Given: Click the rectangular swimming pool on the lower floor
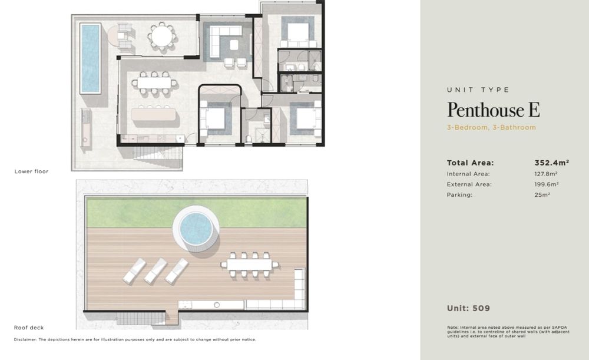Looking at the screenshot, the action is click(90, 58).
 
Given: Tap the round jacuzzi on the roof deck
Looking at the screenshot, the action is click(196, 229).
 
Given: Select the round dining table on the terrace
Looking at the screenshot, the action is click(162, 36).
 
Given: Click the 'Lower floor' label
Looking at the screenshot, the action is click(32, 171).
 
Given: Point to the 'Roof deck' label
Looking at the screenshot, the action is click(29, 328).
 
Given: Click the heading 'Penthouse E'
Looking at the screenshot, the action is click(494, 110).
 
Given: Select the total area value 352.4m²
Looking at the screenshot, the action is click(552, 163).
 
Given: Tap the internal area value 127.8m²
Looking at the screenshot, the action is click(546, 174).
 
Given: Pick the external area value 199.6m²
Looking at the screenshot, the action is click(547, 184).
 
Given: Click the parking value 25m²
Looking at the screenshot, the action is click(542, 195).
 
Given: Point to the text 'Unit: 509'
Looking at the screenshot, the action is click(468, 309).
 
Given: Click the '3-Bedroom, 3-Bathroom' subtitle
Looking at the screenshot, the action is click(491, 127).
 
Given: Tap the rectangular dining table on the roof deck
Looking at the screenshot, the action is click(249, 265).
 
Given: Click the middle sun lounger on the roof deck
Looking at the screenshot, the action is click(155, 271).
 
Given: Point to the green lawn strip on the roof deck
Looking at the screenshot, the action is click(197, 213).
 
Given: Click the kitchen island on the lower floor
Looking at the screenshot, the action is click(153, 114).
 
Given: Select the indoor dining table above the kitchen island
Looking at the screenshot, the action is click(154, 82).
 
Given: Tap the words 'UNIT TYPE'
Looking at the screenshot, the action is click(478, 90).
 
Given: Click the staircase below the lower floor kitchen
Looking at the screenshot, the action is click(157, 157).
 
